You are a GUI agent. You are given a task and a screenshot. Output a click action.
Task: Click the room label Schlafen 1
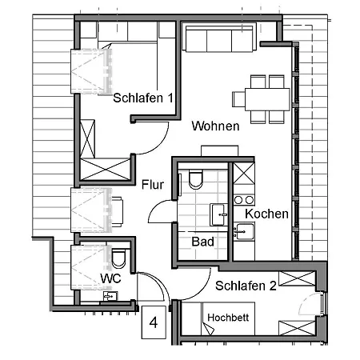coord(143,98)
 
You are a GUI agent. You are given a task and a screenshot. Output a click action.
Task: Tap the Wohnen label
coord(215,126)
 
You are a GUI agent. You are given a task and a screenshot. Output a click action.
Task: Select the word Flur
coord(153,185)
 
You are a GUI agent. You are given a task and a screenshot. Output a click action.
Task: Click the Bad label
coord(202,241)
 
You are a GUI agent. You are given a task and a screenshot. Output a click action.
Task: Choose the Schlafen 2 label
coord(246,286)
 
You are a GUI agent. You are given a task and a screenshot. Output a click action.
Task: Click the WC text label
coord(110,278)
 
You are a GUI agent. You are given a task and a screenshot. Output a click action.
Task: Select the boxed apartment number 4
coord(154,324)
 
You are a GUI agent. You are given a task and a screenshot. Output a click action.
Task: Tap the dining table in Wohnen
coord(262,98)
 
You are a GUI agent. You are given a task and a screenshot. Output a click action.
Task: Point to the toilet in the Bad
coord(194,180)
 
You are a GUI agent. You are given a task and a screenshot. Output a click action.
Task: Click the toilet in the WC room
coord(119,258)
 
